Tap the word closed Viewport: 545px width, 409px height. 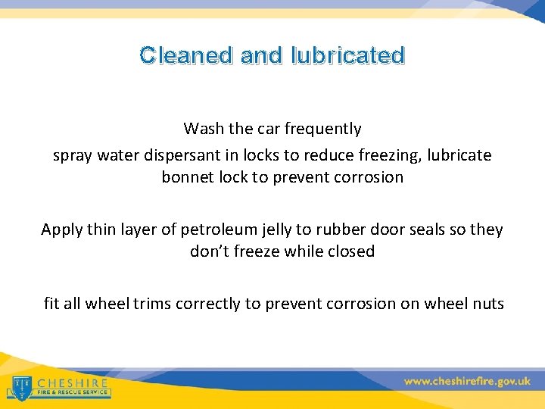tap(350, 251)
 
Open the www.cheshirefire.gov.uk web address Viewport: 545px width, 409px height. tap(467, 382)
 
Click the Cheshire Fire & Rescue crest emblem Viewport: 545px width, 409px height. tap(22, 386)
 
